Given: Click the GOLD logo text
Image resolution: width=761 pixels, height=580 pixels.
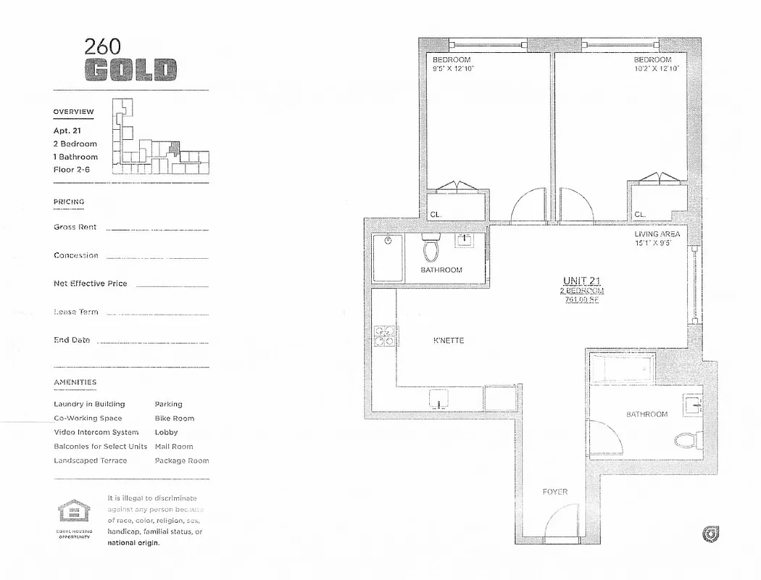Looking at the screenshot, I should click(130, 70).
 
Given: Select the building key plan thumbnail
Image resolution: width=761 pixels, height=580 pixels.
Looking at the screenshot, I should click(159, 137).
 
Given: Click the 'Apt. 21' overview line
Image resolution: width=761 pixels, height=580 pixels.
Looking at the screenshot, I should click(67, 131).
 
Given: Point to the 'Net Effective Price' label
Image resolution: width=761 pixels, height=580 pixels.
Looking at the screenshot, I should click(90, 283).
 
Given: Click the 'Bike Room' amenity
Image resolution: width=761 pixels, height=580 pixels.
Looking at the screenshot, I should click(174, 418).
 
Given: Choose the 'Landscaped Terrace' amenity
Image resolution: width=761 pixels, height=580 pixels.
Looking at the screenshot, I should click(90, 460).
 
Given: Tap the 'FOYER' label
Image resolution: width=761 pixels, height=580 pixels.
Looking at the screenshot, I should click(554, 492).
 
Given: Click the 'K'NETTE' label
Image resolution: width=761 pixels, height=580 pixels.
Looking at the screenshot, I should click(448, 341).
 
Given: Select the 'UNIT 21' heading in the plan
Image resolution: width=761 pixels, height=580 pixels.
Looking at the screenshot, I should click(582, 281).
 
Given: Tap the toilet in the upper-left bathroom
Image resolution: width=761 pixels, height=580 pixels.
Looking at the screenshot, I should click(431, 250).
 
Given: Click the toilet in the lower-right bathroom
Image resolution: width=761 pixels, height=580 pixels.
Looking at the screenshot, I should click(685, 439).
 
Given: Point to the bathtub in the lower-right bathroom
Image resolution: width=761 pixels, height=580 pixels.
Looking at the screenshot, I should click(621, 368).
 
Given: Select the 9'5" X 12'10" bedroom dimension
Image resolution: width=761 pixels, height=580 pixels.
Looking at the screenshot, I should click(453, 69).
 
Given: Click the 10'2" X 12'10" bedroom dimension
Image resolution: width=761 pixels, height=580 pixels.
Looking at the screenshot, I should click(656, 69).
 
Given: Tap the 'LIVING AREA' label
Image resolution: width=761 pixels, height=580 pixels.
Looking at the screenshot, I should click(657, 234).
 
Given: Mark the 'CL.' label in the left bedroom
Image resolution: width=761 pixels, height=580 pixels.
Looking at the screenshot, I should click(436, 215).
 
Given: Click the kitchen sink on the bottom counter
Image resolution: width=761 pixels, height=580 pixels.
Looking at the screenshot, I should click(439, 399).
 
